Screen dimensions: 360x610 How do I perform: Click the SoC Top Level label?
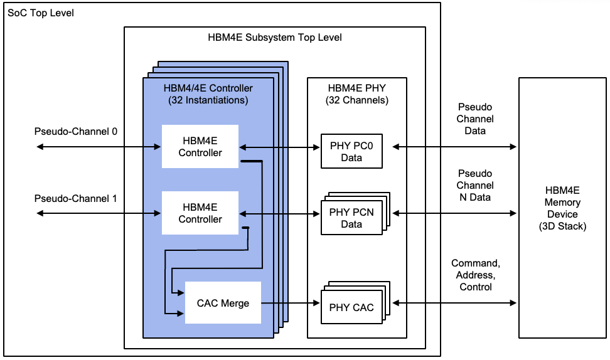pos(40,13)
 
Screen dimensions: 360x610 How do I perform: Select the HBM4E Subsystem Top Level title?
pos(275,37)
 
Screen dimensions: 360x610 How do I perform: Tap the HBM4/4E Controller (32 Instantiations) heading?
pos(208,94)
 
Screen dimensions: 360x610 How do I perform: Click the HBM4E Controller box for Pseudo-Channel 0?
pos(200,147)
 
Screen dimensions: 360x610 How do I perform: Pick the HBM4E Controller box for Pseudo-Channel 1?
pos(200,214)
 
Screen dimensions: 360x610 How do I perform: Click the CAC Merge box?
pos(223,304)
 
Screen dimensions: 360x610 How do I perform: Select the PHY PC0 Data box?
pos(351,152)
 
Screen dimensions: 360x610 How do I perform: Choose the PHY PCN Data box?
pos(351,218)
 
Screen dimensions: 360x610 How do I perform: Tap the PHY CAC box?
pos(351,307)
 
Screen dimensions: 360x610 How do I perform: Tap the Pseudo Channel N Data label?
pos(474,186)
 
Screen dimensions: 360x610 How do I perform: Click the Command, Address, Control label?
pos(474,275)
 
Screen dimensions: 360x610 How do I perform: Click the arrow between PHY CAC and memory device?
pos(454,304)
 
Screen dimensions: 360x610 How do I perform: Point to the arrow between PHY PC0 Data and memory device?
pos(454,147)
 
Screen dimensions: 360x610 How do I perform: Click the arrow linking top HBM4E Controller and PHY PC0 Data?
pos(280,147)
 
